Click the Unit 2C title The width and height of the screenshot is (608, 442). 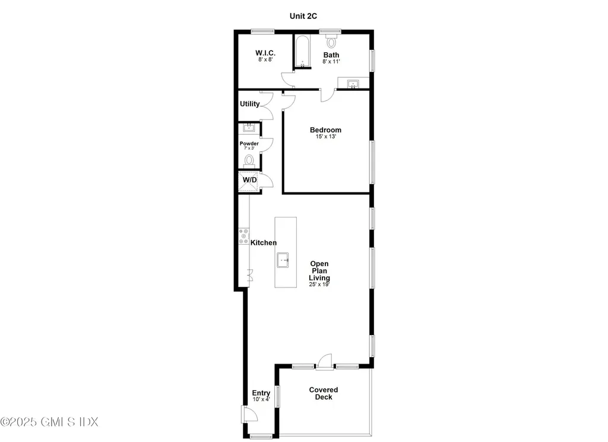tap(303, 16)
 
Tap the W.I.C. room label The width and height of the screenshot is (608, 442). tap(265, 53)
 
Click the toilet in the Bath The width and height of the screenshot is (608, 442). tap(331, 40)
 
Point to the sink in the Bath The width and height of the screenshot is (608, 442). tap(353, 84)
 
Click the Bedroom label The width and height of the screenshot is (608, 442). tap(325, 130)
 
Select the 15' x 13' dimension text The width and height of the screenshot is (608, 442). tap(325, 137)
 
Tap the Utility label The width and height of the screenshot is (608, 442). tap(250, 103)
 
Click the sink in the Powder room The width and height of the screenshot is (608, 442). tap(249, 127)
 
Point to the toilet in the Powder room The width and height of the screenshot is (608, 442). tap(249, 161)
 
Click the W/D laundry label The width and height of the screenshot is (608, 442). tap(250, 179)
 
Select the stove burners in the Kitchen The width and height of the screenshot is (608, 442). tap(243, 236)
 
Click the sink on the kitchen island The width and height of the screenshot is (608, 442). tap(283, 260)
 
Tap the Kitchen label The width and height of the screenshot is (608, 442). tap(264, 242)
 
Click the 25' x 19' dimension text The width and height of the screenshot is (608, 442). tap(319, 285)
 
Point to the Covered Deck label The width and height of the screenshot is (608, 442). tap(324, 393)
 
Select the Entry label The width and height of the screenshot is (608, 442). tap(261, 393)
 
